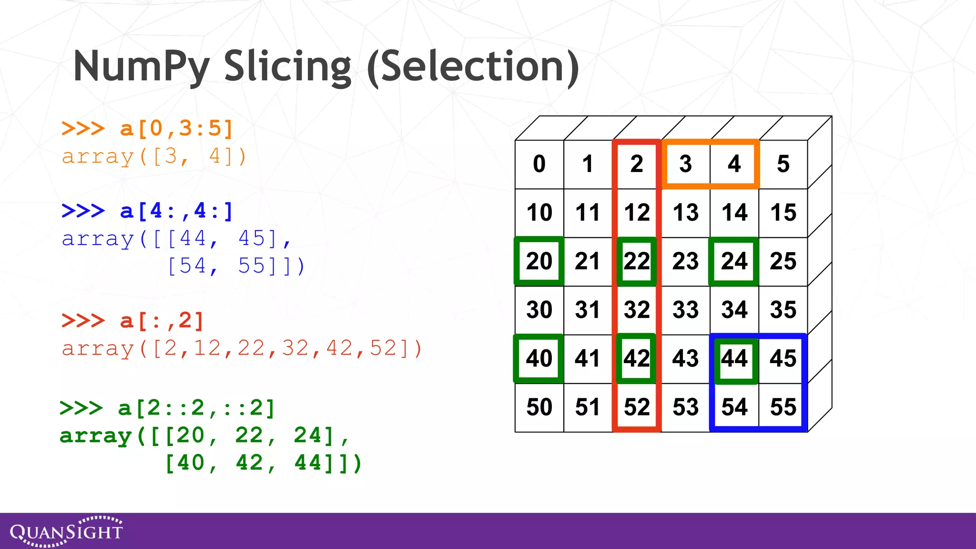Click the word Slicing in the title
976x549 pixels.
click(x=287, y=67)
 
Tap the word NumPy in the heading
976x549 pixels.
click(x=142, y=67)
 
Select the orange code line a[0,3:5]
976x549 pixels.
click(x=147, y=129)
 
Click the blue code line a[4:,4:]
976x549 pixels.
click(x=147, y=211)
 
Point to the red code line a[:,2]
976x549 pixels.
click(x=133, y=321)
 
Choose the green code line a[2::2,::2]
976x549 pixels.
click(x=167, y=408)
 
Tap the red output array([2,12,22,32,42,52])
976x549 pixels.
click(x=242, y=349)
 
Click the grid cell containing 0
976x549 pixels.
click(x=539, y=164)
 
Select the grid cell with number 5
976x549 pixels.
click(x=783, y=164)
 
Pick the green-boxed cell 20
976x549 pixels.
click(x=539, y=262)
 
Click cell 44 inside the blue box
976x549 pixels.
click(x=734, y=359)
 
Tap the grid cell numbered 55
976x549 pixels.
click(x=783, y=407)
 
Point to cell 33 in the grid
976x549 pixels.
click(x=685, y=310)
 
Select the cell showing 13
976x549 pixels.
click(x=685, y=213)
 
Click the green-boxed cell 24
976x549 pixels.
click(x=734, y=262)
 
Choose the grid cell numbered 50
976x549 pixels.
click(x=539, y=407)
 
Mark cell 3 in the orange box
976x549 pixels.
click(x=685, y=164)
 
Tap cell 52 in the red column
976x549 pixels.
click(x=637, y=407)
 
